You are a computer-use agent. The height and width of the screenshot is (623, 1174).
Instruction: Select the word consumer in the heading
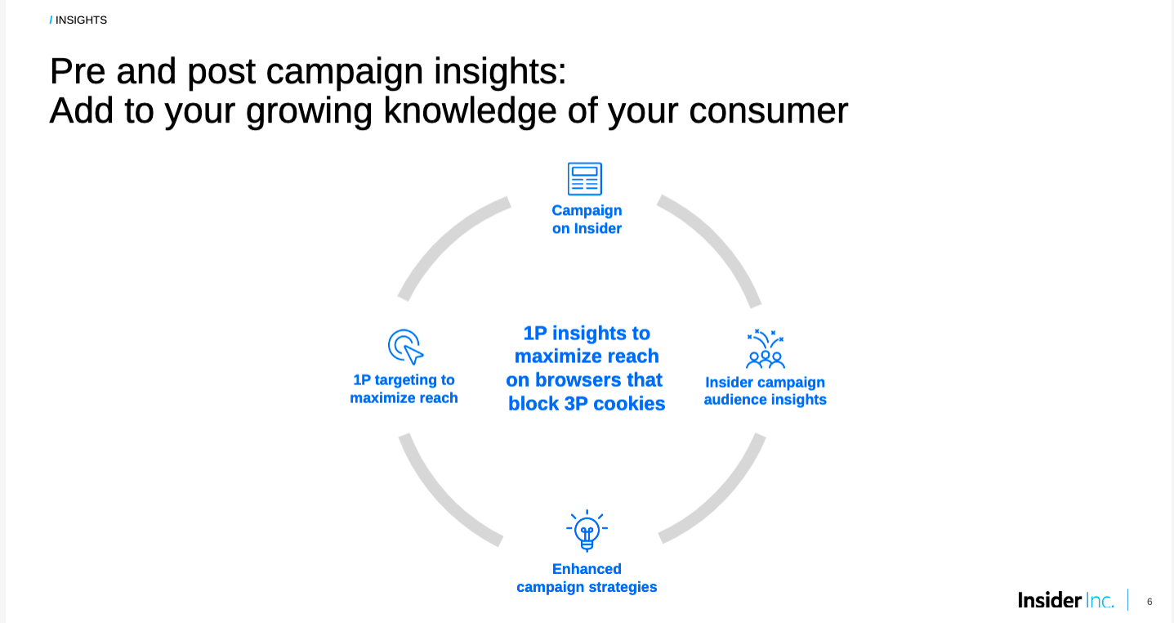pos(768,110)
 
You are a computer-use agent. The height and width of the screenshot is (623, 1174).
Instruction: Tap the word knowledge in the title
pos(470,111)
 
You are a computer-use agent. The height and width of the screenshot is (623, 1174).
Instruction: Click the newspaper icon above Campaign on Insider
pos(585,179)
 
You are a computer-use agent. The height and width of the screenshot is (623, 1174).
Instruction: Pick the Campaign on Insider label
pos(587,219)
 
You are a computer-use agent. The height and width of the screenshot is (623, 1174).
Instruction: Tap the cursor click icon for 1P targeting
pos(405,347)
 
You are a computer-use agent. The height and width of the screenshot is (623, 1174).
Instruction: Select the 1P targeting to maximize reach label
pos(404,388)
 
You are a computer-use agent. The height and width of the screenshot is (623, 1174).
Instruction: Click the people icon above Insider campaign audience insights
pos(766,349)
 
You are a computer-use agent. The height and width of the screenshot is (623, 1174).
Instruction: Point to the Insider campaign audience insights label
pos(766,391)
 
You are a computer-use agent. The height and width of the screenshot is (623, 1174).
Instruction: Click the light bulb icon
pos(587,531)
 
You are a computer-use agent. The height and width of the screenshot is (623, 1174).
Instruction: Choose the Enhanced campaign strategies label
pos(587,578)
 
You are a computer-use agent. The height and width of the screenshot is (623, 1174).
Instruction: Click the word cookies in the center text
pos(629,404)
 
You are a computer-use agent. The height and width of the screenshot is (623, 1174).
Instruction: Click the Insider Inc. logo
pos(1066,600)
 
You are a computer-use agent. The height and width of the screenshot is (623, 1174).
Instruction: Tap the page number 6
pos(1149,602)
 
